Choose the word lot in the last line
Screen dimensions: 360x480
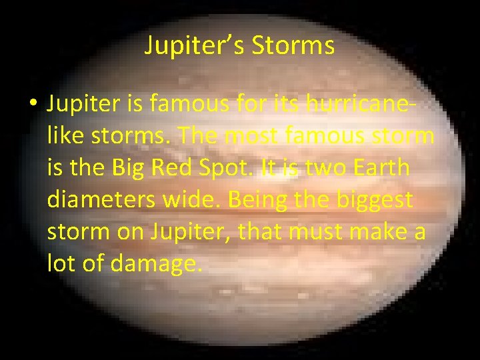click(x=61, y=265)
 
